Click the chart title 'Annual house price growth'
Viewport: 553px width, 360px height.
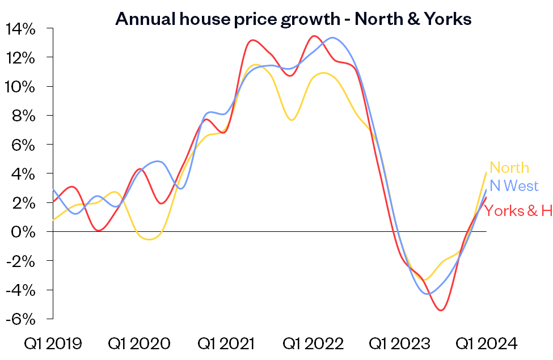click(x=293, y=19)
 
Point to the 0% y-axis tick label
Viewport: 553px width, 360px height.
click(x=27, y=231)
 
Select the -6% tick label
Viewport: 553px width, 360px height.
click(x=23, y=319)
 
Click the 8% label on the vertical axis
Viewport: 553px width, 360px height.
click(x=26, y=116)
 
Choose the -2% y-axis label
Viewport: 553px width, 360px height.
click(x=23, y=261)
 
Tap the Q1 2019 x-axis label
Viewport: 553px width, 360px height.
click(x=53, y=344)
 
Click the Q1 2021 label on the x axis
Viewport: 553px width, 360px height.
click(x=226, y=344)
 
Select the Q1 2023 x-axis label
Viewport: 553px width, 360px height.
click(x=400, y=344)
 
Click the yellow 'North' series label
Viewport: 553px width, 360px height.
click(x=509, y=168)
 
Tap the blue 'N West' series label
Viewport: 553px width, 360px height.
click(x=514, y=186)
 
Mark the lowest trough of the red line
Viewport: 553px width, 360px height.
click(x=441, y=310)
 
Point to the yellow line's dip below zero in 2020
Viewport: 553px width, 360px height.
click(x=149, y=239)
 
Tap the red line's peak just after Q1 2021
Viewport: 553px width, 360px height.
click(x=252, y=40)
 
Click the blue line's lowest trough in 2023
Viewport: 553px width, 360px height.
click(x=429, y=294)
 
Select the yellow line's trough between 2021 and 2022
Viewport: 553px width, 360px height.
click(x=292, y=120)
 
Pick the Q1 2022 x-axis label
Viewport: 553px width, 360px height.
click(x=313, y=344)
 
